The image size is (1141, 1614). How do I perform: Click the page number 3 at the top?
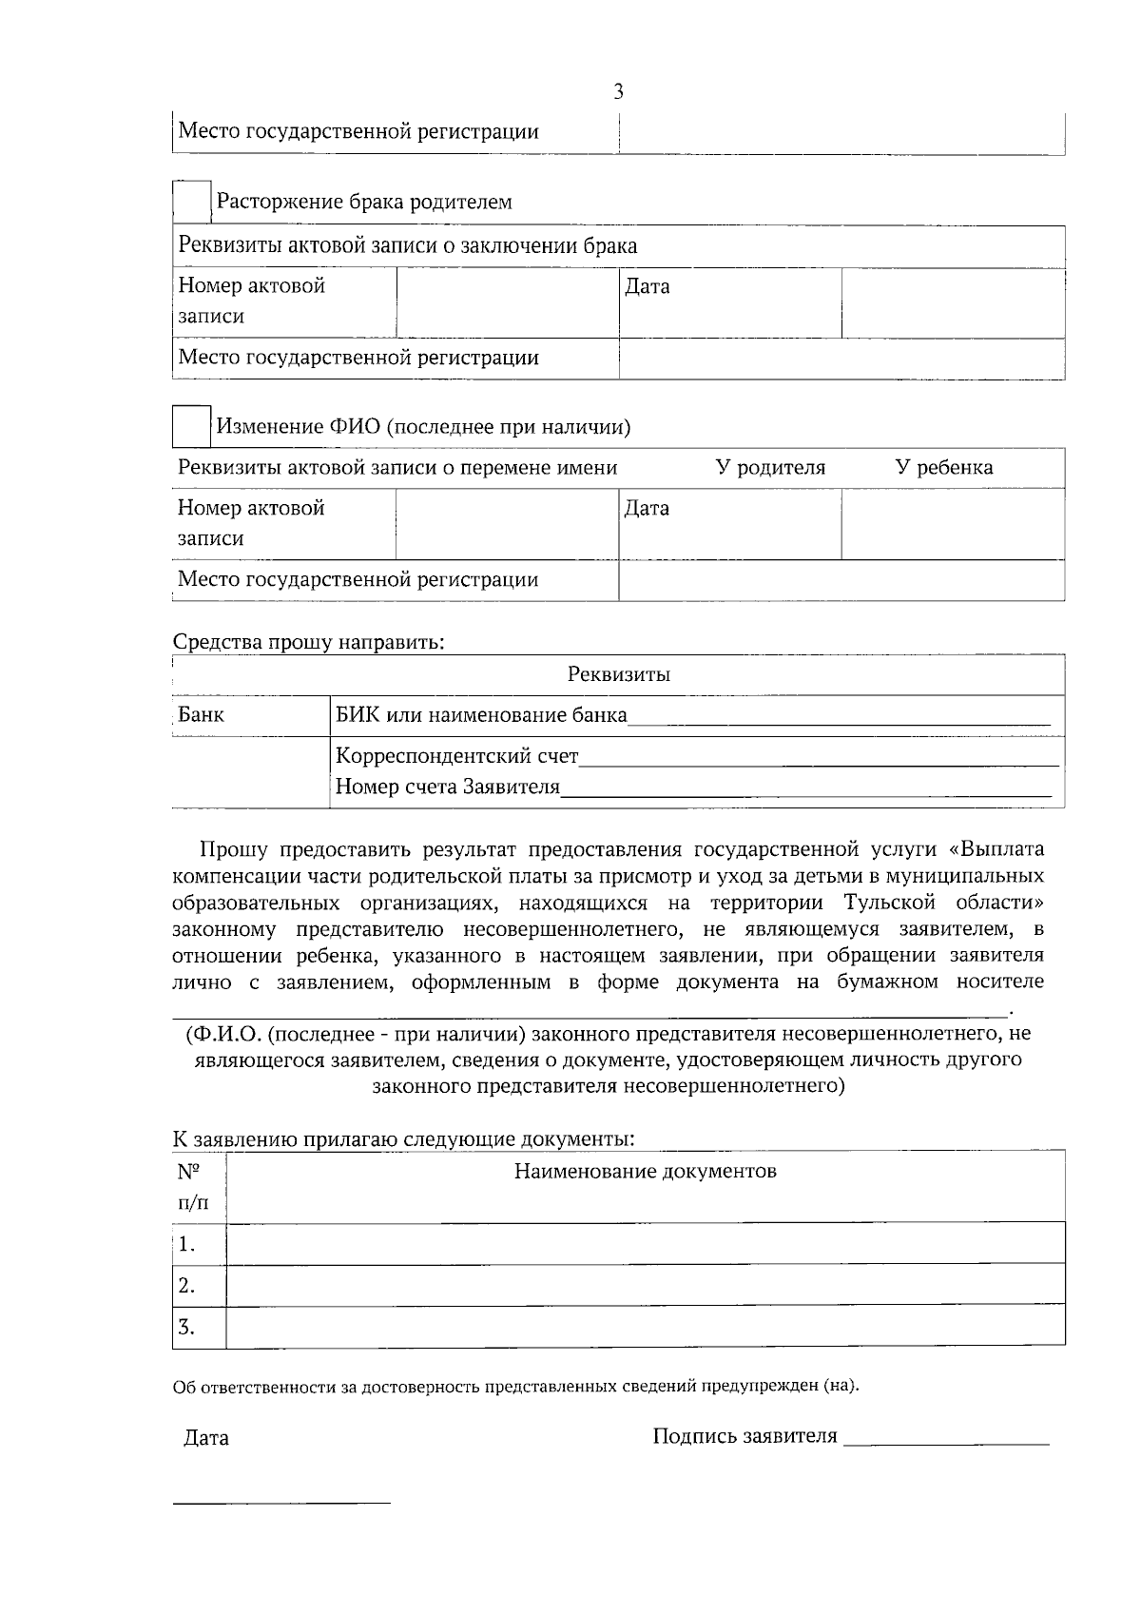pyautogui.click(x=618, y=92)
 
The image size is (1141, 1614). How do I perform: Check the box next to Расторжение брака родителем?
pyautogui.click(x=191, y=202)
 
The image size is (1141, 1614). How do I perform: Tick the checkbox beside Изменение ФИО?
pyautogui.click(x=191, y=426)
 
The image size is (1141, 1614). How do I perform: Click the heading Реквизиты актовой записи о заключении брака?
pyautogui.click(x=408, y=246)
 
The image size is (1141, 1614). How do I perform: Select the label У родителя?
pyautogui.click(x=770, y=468)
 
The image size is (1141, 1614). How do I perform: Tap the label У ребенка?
pyautogui.click(x=944, y=468)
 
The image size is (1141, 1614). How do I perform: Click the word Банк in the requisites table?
pyautogui.click(x=202, y=714)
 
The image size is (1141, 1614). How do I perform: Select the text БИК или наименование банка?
pyautogui.click(x=481, y=715)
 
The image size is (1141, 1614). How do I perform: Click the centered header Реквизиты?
pyautogui.click(x=618, y=674)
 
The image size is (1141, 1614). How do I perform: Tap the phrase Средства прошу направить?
pyautogui.click(x=309, y=642)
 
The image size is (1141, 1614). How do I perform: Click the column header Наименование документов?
pyautogui.click(x=645, y=1171)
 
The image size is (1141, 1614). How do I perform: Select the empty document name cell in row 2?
pyautogui.click(x=645, y=1285)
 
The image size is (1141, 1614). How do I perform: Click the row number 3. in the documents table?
pyautogui.click(x=186, y=1327)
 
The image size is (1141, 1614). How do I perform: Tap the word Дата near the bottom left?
pyautogui.click(x=206, y=1438)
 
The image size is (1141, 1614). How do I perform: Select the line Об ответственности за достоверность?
pyautogui.click(x=515, y=1386)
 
